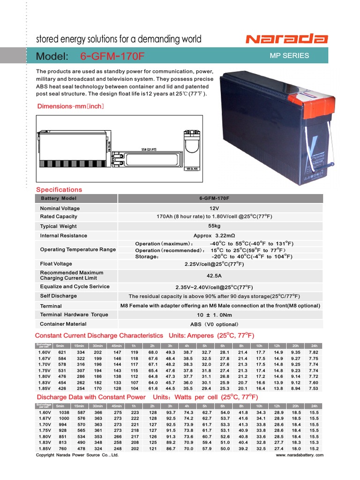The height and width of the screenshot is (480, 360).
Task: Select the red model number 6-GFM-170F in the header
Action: tap(112, 56)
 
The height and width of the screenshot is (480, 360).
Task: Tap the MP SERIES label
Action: tap(289, 55)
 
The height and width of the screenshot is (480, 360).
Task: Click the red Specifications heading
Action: tap(59, 189)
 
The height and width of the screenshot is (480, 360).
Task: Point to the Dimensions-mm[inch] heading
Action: tap(70, 106)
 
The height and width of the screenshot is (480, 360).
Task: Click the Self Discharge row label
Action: tap(58, 296)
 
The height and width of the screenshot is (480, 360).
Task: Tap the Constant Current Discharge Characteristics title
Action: tap(99, 336)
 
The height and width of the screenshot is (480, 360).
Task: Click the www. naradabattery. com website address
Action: tap(299, 455)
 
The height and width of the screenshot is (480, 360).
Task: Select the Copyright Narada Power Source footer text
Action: tap(77, 455)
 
